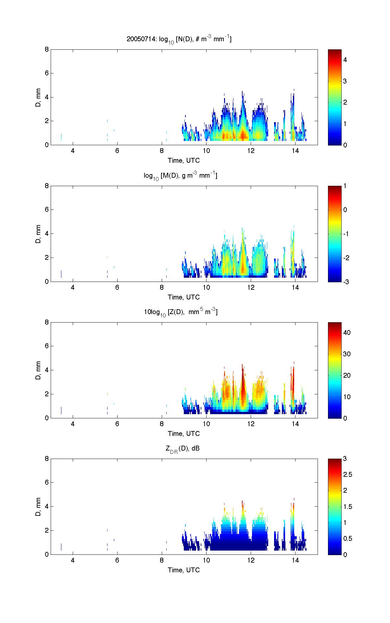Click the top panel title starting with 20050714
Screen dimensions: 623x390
(x=179, y=39)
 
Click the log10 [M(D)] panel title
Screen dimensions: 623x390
(x=181, y=176)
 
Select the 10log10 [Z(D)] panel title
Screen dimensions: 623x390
(x=181, y=312)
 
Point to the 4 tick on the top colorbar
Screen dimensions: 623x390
(x=345, y=60)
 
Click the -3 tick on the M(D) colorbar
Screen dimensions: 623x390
(x=346, y=282)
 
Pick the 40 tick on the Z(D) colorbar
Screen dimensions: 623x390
(x=346, y=333)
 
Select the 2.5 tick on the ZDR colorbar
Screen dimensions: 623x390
(x=347, y=475)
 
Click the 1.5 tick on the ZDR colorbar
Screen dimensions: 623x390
(x=347, y=507)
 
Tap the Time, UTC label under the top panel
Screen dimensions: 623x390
(x=184, y=160)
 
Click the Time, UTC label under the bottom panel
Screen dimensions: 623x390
(x=184, y=570)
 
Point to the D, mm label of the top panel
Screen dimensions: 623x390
(x=38, y=97)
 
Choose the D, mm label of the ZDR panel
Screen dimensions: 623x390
(x=38, y=507)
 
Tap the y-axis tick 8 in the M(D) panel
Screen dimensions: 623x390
(x=47, y=186)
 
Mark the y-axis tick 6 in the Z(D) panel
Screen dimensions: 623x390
(x=47, y=346)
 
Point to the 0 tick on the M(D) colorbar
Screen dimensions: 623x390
(x=345, y=210)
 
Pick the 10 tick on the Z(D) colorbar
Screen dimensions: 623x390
(x=346, y=397)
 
